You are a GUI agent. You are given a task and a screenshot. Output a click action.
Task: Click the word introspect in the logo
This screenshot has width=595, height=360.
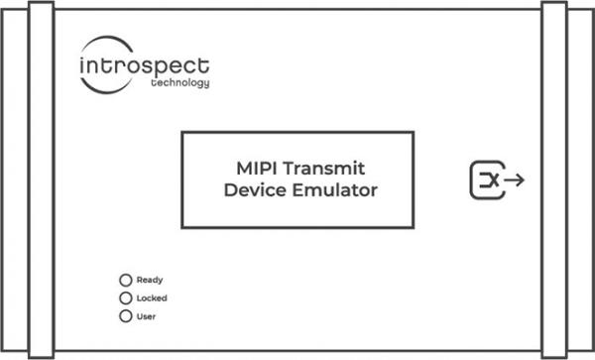pos(144,66)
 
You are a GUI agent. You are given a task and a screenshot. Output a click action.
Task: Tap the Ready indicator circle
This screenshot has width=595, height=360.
pos(125,280)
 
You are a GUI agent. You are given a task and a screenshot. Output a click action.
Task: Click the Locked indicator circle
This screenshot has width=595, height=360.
pos(125,298)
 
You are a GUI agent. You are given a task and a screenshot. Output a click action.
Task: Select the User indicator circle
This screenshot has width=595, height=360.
pos(125,316)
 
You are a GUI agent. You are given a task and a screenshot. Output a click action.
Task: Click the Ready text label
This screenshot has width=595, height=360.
pos(150,280)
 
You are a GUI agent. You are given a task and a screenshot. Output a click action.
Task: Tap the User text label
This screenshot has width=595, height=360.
pos(146,316)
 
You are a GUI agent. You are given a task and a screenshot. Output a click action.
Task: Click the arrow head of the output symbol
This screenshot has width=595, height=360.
pos(522,180)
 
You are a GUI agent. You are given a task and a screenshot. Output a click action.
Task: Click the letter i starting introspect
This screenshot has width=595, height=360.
pos(81,66)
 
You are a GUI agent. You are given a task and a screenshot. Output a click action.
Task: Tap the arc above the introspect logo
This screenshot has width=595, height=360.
pos(109,41)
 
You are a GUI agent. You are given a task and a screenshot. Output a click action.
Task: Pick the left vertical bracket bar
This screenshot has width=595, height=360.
pos(41,180)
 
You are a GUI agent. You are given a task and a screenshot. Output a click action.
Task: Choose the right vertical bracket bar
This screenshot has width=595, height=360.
pos(553,180)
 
